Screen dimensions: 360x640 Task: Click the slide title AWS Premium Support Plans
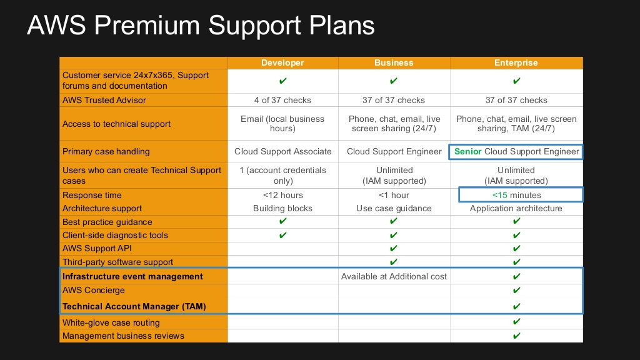click(x=201, y=26)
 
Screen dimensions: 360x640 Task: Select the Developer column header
click(x=282, y=62)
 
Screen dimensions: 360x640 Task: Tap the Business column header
click(x=394, y=62)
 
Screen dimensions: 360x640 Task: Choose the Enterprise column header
click(x=516, y=62)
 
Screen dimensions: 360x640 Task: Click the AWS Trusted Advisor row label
click(x=104, y=100)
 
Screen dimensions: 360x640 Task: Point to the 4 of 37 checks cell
click(x=282, y=100)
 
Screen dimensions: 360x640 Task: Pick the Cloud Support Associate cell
click(x=282, y=151)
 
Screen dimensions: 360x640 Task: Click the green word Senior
click(x=468, y=151)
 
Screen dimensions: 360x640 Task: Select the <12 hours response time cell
click(x=282, y=195)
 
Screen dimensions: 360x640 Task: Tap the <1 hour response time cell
click(x=394, y=195)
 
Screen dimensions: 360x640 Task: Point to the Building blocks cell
click(x=282, y=208)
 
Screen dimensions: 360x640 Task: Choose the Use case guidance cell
click(x=394, y=208)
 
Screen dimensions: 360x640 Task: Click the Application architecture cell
click(x=516, y=208)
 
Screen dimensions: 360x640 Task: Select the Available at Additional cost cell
click(x=394, y=276)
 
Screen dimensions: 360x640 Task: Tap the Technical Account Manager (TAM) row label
click(x=134, y=306)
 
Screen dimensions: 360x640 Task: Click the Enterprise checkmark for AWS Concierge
click(x=516, y=290)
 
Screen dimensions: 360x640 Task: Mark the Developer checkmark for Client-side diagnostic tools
click(x=282, y=235)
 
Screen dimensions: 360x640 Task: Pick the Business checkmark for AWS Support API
click(x=394, y=248)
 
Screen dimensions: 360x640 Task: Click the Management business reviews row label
click(x=123, y=336)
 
